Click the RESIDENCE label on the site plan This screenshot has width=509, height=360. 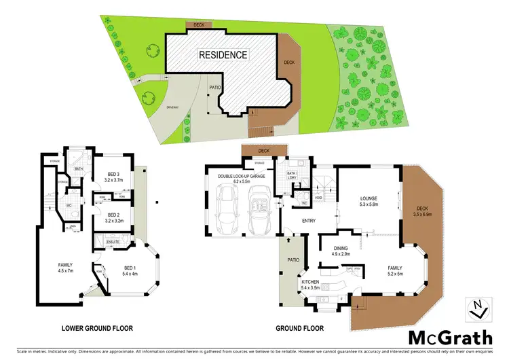point(223,54)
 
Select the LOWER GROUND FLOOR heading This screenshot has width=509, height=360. point(97,328)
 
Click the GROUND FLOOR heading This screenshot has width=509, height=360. point(299,328)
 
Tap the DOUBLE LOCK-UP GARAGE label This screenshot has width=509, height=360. point(243,179)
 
